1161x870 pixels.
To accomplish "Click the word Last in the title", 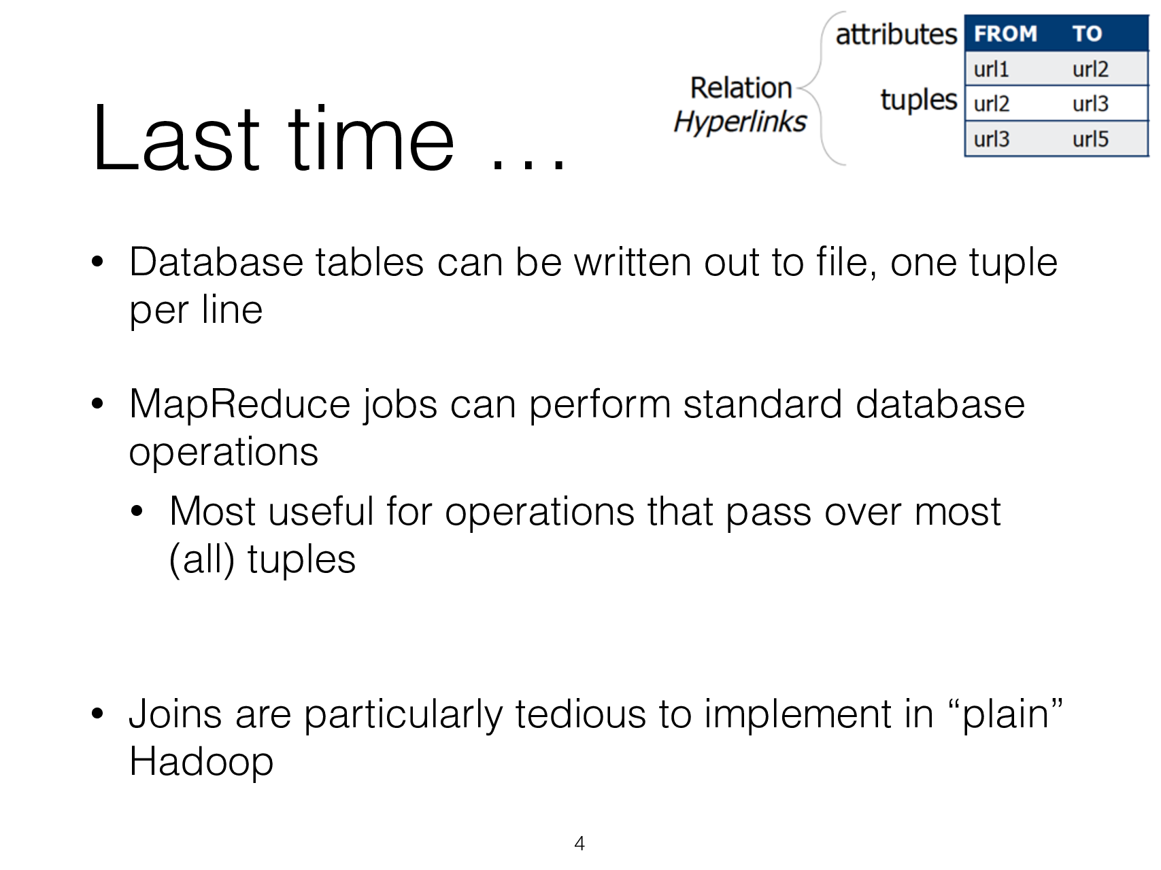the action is click(x=175, y=138).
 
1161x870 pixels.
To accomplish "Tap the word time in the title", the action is click(x=371, y=138).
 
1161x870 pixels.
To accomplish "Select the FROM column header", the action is click(x=1005, y=33).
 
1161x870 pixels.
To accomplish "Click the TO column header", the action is click(x=1087, y=33).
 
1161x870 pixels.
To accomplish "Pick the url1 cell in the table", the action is click(x=991, y=69).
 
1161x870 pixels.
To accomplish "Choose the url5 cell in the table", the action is click(x=1090, y=139).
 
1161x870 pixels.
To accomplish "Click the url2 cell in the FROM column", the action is click(x=991, y=104).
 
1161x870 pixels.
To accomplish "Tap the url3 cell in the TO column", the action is click(x=1090, y=104).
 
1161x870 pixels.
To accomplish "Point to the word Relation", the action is click(x=741, y=88).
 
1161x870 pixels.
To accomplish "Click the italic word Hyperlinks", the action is click(x=740, y=122).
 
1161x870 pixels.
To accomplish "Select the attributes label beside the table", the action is click(x=896, y=34).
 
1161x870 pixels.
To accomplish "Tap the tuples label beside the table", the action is click(x=918, y=100).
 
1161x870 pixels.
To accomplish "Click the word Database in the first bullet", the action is click(x=216, y=262).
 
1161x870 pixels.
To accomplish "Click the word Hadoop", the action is click(x=201, y=761).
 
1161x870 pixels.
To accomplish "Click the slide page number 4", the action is click(x=579, y=843).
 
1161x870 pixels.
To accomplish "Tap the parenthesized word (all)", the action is click(x=202, y=560).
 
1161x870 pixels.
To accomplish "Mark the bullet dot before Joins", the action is click(x=97, y=714).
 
